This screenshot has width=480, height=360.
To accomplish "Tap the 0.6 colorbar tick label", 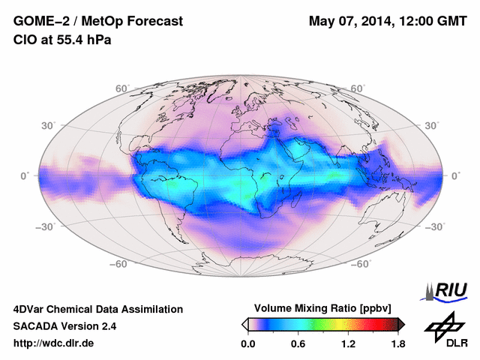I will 298,344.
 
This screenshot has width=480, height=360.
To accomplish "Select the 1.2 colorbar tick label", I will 348,344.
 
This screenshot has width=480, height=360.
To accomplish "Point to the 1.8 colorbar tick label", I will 397,344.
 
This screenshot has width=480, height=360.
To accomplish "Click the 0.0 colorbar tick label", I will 249,344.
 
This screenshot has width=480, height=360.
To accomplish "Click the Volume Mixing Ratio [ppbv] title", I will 323,308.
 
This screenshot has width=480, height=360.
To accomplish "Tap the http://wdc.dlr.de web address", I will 54,343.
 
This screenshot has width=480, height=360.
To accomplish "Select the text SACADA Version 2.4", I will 64,326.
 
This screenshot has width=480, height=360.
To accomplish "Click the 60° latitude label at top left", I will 123,88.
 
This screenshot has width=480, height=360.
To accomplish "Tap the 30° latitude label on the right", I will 432,125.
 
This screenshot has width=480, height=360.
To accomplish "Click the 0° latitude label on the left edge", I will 25,175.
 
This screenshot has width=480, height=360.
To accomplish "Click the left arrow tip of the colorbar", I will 244,324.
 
